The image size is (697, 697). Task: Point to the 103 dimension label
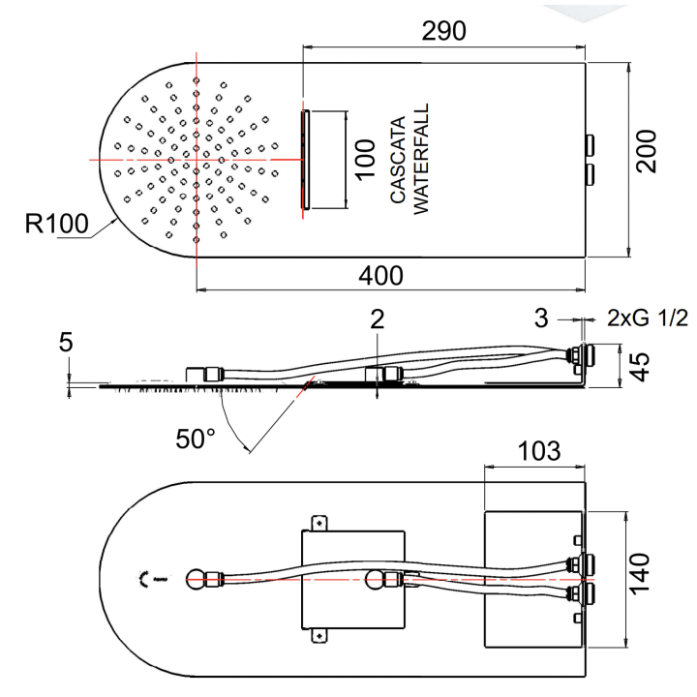point(537,450)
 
